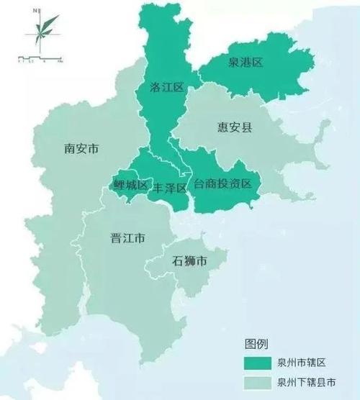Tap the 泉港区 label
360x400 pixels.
pyautogui.click(x=246, y=63)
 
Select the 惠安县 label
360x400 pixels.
pyautogui.click(x=235, y=127)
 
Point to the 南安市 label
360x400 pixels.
pyautogui.click(x=81, y=149)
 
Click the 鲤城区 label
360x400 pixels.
pyautogui.click(x=130, y=186)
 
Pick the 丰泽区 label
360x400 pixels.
pyautogui.click(x=170, y=187)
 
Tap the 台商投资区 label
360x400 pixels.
pyautogui.click(x=222, y=184)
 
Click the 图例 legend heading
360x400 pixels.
pyautogui.click(x=257, y=342)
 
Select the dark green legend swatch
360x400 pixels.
pyautogui.click(x=256, y=361)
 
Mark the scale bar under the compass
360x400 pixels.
pyautogui.click(x=40, y=55)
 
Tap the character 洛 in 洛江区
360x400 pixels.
pyautogui.click(x=155, y=87)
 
